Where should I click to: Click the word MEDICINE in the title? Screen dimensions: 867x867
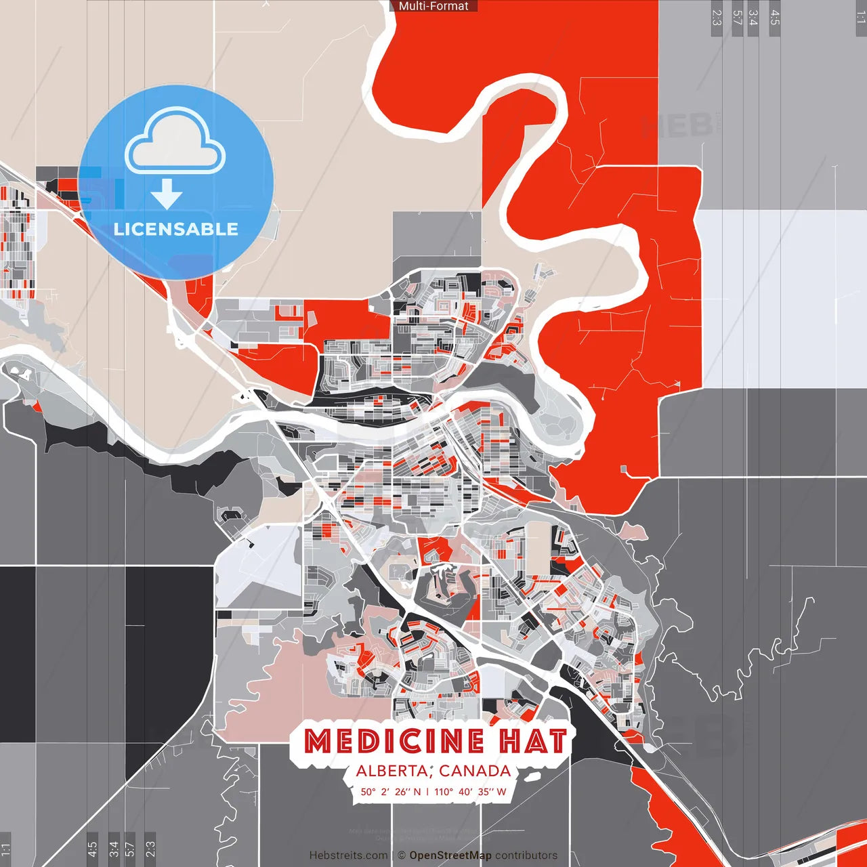(394, 741)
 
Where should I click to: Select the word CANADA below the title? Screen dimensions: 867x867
(475, 771)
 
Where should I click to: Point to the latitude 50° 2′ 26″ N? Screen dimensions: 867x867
(390, 791)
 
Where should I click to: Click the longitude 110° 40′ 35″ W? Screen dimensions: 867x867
(470, 791)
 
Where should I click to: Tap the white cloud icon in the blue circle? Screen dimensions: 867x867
(175, 144)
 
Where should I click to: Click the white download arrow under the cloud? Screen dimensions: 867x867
(167, 194)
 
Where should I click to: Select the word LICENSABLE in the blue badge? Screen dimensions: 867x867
(176, 229)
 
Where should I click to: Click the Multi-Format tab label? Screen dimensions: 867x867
(433, 6)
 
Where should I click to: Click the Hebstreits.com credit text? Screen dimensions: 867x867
(348, 855)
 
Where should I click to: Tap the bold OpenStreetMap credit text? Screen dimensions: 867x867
(450, 855)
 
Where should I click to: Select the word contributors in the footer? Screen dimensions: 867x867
(526, 855)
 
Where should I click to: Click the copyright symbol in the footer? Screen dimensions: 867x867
(401, 855)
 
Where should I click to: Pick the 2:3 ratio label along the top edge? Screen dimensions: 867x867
(717, 18)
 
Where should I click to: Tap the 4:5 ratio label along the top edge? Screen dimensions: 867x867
(775, 18)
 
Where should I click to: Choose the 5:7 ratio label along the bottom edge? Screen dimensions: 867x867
(131, 849)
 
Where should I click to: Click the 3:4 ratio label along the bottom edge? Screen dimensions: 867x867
(114, 849)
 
